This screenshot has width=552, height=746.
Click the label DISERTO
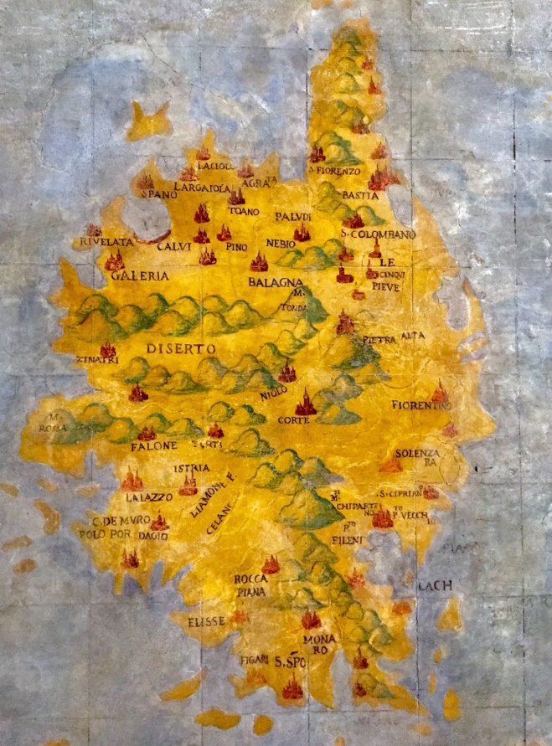point(180,347)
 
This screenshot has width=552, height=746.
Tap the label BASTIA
point(360,195)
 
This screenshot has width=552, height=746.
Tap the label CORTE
point(294,419)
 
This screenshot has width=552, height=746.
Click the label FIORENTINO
point(421,405)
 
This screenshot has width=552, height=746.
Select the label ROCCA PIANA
point(250,585)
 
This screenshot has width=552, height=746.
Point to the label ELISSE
point(201,622)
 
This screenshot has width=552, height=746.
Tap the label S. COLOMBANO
point(378,234)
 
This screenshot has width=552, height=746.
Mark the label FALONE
point(154,446)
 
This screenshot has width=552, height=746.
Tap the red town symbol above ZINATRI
point(108,349)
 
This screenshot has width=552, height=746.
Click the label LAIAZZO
point(148,496)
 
